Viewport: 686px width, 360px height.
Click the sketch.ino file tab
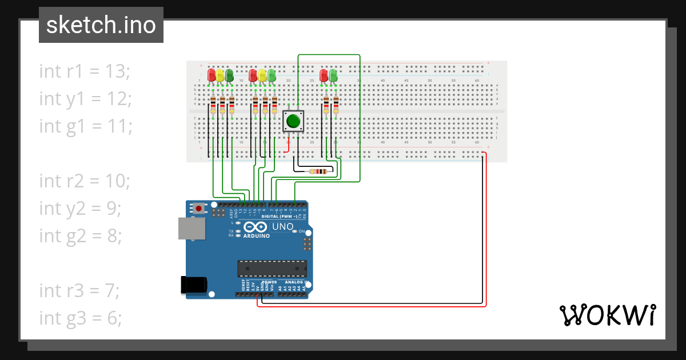[101, 25]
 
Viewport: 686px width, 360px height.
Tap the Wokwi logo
[607, 315]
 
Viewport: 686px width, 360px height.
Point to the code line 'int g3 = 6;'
[81, 318]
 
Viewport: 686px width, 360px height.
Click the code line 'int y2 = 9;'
[80, 208]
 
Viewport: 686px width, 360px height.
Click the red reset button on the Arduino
[198, 209]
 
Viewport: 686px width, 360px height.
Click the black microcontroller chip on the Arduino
[272, 269]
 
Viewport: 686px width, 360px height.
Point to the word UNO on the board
[282, 227]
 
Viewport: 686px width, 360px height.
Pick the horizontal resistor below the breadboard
[317, 171]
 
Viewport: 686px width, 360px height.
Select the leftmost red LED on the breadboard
[212, 75]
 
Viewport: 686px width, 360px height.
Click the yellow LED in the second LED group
[262, 75]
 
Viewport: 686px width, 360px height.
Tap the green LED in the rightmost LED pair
[333, 75]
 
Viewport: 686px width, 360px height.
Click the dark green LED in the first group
[229, 75]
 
